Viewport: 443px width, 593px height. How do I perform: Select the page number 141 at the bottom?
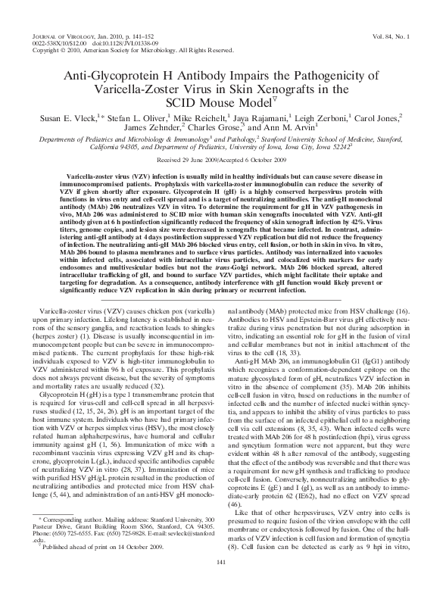pyautogui.click(x=222, y=582)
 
